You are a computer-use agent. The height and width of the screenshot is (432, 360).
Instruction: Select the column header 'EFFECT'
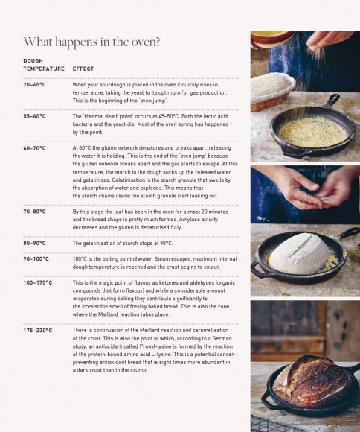[x=83, y=69]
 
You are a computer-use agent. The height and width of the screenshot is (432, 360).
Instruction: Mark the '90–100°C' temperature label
[x=36, y=259]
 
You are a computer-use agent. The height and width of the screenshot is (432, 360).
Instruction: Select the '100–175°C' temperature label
[x=37, y=283]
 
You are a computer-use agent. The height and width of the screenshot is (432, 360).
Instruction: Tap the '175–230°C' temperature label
[x=37, y=329]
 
